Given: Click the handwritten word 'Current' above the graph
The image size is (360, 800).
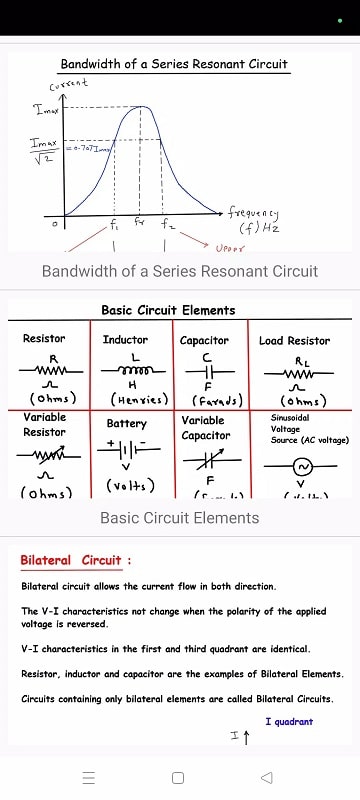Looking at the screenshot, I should (69, 85).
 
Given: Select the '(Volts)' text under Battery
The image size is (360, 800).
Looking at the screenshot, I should (127, 486).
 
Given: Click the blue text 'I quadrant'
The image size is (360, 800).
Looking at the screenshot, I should (289, 721).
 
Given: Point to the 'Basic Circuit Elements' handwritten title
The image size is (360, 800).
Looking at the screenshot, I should (168, 310).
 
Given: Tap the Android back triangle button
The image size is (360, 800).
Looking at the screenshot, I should (266, 777).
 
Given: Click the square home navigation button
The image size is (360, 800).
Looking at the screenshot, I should (178, 777).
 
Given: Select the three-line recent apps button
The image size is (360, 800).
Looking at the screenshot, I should (89, 777).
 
